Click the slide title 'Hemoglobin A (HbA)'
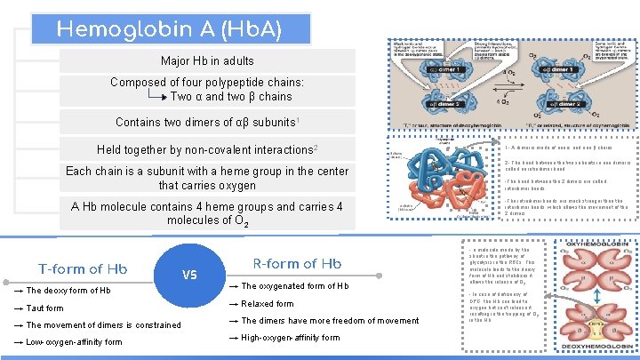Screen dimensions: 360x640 pos(170,28)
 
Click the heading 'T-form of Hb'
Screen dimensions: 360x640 pos(83,268)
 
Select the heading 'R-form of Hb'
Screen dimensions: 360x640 pos(297,263)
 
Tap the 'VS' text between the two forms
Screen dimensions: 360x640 pos(189,275)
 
